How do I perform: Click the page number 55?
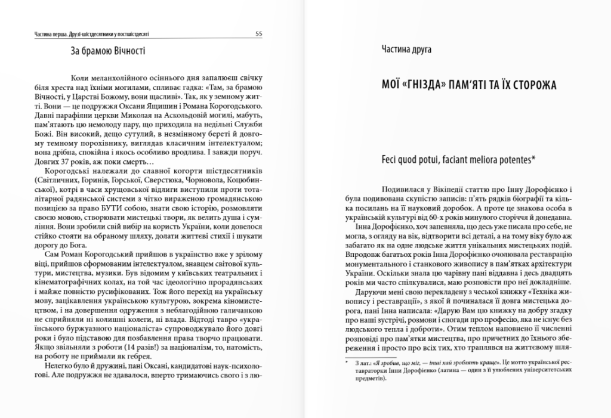tap(259, 33)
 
